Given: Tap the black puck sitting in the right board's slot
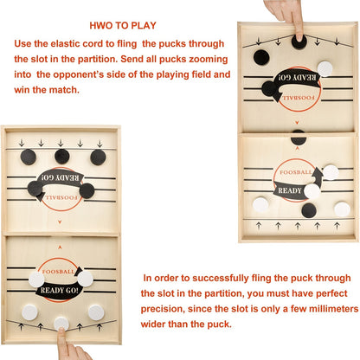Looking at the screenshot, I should [298, 138].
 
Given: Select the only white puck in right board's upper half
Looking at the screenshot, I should [325, 68].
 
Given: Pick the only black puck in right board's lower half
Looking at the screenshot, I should [309, 209].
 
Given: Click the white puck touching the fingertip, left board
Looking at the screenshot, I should [61, 322].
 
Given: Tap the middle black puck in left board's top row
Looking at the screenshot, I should [61, 156].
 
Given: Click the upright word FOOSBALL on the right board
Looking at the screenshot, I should [293, 170].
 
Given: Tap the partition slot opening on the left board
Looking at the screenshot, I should [61, 234].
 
